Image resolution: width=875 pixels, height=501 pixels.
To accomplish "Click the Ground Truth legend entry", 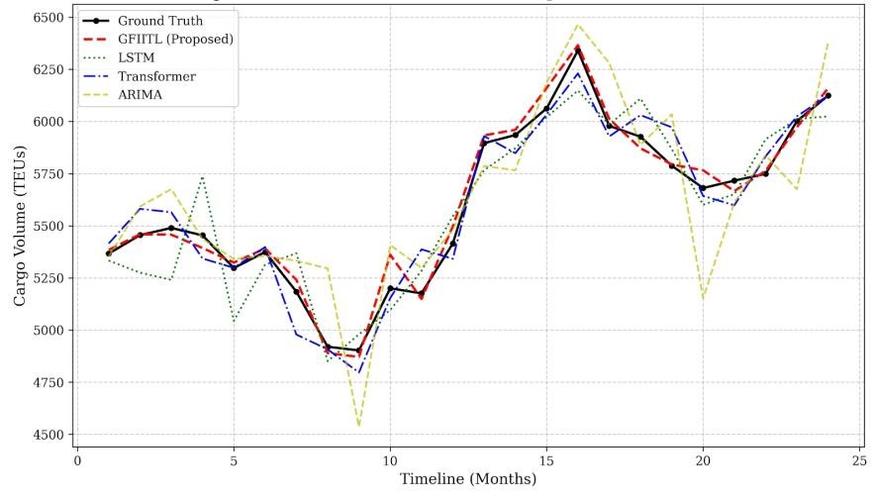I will (159, 21).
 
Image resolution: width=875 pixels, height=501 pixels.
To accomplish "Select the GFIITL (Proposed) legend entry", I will (174, 40).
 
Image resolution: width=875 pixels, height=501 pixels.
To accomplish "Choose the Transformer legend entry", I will (157, 76).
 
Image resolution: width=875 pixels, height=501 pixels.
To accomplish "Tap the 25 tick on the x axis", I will (860, 460).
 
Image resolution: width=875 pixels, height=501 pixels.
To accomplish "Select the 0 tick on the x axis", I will (77, 460).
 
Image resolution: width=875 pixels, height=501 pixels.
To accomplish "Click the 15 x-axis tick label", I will (546, 460).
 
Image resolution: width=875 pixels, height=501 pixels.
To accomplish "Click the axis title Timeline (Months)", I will (468, 480).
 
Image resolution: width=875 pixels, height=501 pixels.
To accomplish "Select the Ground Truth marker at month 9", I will (358, 351).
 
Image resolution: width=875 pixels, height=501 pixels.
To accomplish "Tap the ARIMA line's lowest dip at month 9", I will (358, 426).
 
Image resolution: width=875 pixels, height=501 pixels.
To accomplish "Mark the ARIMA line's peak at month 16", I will (578, 26).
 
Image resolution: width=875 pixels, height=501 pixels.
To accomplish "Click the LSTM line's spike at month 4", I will (202, 177).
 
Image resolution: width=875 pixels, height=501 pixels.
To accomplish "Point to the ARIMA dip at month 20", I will (703, 298).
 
